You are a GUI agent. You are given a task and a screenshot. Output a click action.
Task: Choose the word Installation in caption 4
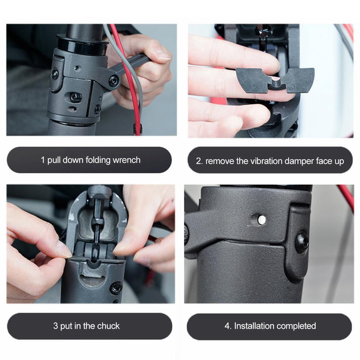256,326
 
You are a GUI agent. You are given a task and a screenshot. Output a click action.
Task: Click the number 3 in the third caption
55,326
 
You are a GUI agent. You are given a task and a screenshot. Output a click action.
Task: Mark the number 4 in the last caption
227,326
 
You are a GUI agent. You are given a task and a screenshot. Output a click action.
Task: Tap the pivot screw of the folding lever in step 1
114,81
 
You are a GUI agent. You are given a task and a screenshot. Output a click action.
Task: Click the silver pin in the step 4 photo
261,220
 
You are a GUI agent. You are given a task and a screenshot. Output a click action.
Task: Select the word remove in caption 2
218,161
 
